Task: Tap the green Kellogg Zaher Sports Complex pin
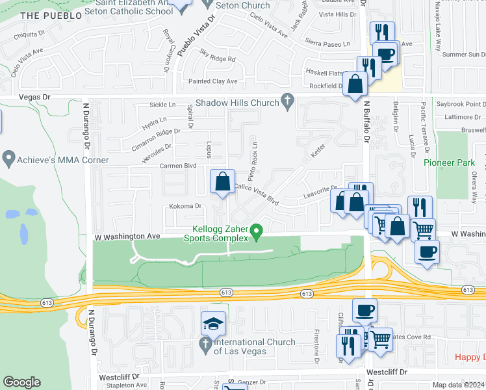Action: coord(257,231)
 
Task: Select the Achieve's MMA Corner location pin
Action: coord(9,158)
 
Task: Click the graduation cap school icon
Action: coord(213,323)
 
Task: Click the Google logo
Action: coord(21,382)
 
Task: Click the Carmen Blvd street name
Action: coord(177,166)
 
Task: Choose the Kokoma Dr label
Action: coord(186,206)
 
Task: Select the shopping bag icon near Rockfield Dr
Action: coord(355,84)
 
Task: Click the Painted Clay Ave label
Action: coord(213,81)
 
